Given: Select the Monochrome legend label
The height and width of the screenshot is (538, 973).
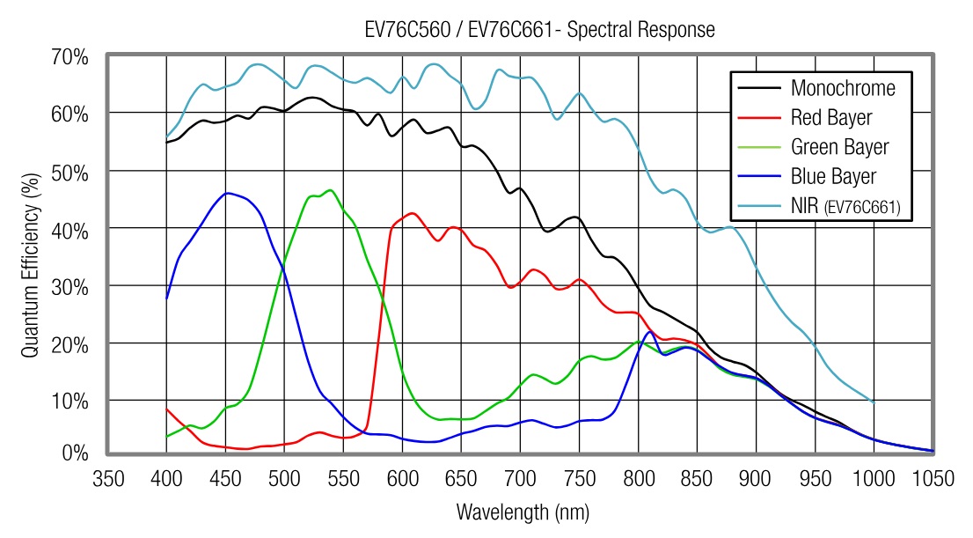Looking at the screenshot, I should click(x=842, y=88).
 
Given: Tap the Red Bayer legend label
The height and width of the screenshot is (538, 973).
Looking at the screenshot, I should click(x=830, y=117).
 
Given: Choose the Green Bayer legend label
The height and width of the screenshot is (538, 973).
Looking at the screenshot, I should click(x=839, y=147).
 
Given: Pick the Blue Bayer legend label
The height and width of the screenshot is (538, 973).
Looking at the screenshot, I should click(x=833, y=176).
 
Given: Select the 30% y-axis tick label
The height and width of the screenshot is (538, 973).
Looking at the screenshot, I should click(x=71, y=285).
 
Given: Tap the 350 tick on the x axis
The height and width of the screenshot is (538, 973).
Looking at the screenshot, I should click(x=107, y=478).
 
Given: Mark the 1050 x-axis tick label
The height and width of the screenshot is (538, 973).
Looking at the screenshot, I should click(x=933, y=478).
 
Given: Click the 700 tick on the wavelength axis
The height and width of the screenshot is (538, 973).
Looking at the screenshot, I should click(x=520, y=478).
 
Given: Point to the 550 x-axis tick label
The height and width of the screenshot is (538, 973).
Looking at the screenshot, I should click(x=343, y=478).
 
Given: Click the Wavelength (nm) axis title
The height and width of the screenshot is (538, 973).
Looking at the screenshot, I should click(x=523, y=512).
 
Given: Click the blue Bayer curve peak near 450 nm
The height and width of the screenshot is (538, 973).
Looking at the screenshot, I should click(x=227, y=192).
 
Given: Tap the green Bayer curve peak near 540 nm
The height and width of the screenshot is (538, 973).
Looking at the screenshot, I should click(x=330, y=189).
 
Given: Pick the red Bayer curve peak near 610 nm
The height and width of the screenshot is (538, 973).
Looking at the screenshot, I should click(x=411, y=212).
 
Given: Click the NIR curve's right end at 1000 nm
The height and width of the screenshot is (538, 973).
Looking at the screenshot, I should click(x=874, y=402).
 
